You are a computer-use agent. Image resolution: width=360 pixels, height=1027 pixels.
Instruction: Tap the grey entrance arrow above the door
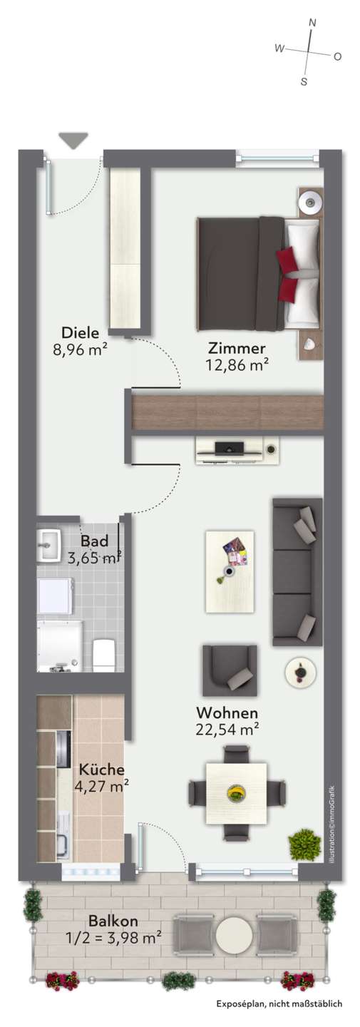tap(73, 140)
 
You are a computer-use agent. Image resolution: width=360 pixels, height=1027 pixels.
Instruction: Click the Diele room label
tap(80, 332)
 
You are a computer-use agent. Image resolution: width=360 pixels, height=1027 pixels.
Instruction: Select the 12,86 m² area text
tap(237, 365)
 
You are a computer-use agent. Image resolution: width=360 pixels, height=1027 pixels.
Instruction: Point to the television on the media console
tap(229, 446)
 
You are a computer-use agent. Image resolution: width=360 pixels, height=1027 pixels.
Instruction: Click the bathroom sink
tap(48, 546)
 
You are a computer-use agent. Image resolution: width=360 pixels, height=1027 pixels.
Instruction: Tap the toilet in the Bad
tap(103, 653)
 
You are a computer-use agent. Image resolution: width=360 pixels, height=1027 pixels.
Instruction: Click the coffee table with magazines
tap(230, 571)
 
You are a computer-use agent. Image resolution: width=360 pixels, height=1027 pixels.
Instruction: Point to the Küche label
tap(101, 769)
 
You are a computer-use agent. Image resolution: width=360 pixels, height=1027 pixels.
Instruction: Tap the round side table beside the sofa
tap(300, 673)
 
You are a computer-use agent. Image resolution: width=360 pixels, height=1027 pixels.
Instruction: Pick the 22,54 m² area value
tap(227, 730)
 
